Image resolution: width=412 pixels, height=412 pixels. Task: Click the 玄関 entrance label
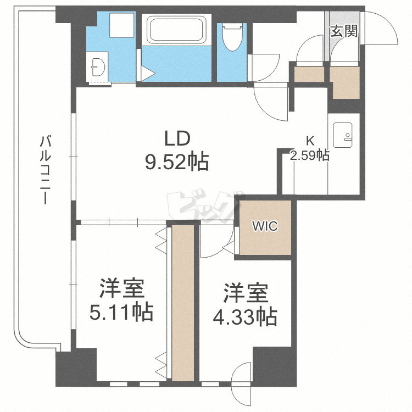(344, 31)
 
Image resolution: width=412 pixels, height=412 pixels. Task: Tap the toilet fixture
(232, 37)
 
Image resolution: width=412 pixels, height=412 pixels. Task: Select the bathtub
(176, 30)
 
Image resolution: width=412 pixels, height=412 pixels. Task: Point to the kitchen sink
(343, 135)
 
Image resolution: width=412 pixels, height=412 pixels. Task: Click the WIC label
(265, 226)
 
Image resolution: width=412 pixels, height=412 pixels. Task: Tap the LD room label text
(177, 138)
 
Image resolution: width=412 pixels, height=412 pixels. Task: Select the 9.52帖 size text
(177, 162)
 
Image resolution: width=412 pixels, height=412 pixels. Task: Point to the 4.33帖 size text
(245, 316)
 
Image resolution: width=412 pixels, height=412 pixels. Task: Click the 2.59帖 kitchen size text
(310, 155)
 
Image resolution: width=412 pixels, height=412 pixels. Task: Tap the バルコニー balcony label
(45, 170)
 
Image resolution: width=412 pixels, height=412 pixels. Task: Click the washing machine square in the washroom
(121, 25)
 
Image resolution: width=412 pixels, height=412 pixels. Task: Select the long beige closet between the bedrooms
(183, 303)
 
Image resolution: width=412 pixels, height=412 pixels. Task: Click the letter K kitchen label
(310, 141)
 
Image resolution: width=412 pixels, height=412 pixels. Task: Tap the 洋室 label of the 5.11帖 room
(121, 288)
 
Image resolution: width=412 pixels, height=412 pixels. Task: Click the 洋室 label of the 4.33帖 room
(246, 293)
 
